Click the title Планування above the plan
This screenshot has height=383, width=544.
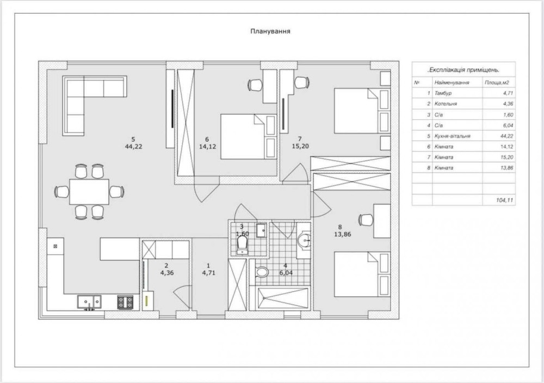tap(270, 31)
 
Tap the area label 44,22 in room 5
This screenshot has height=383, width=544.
tap(134, 147)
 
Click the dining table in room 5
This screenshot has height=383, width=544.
tap(89, 192)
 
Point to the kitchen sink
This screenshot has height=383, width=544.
tap(89, 302)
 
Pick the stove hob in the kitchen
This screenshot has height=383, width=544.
tap(125, 302)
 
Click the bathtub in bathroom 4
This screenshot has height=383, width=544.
tap(282, 298)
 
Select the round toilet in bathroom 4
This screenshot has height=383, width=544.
tap(262, 271)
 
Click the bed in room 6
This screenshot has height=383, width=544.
tap(249, 137)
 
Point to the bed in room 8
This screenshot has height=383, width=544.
tap(362, 274)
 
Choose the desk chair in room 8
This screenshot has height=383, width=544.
tap(366, 220)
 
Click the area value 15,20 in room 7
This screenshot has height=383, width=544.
tap(300, 147)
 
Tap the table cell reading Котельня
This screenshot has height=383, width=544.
tap(446, 104)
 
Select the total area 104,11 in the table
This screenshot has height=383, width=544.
tap(504, 200)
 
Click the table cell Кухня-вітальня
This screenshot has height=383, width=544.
tap(452, 136)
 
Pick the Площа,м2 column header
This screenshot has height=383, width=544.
tap(497, 83)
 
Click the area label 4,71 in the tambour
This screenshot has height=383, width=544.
tap(208, 273)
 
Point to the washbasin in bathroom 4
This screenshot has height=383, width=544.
tap(304, 240)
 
